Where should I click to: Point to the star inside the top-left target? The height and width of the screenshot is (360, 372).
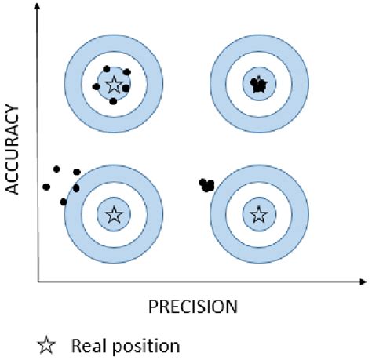[x=114, y=84]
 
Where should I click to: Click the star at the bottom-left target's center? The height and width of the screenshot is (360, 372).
[x=114, y=214]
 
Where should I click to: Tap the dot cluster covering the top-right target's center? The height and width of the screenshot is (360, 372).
[x=258, y=84]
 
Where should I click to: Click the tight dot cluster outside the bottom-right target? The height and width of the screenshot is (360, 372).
[x=207, y=185]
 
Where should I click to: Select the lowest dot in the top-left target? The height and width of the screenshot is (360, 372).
[x=114, y=101]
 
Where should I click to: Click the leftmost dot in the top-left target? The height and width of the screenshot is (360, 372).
[x=97, y=86]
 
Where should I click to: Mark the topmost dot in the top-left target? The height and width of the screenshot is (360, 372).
[x=107, y=68]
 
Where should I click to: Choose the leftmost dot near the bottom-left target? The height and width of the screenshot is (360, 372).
[x=46, y=187]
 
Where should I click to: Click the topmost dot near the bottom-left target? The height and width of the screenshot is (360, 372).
[x=57, y=168]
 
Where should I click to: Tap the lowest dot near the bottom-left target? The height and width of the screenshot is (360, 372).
[x=64, y=202]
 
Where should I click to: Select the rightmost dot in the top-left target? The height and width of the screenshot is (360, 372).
[x=127, y=87]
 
